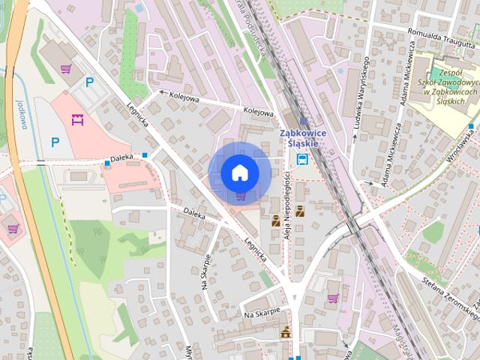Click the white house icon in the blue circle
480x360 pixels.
tap(239, 173)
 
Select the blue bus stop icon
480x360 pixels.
tap(301, 159)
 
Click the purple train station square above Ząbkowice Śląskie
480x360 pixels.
tap(303, 121)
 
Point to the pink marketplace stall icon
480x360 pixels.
tap(76, 118)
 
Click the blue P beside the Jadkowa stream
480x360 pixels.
tap(55, 141)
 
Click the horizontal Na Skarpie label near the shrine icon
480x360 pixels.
tap(261, 310)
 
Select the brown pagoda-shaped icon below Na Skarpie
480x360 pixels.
tap(285, 332)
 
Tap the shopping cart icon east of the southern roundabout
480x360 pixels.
tap(333, 297)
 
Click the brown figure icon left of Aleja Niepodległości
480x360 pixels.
tap(275, 220)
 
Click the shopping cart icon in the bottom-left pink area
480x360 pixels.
tap(13, 227)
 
